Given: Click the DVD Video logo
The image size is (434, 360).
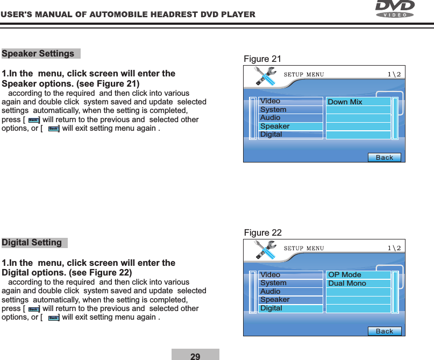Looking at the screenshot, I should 395,9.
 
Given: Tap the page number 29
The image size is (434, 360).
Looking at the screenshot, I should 195,356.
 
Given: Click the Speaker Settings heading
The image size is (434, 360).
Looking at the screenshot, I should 39,54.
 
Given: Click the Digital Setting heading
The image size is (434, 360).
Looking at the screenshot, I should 32,243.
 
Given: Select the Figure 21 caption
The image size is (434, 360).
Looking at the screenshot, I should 262,59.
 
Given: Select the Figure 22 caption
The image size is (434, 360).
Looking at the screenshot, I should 262,232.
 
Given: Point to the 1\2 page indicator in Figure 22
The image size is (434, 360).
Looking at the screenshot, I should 394,248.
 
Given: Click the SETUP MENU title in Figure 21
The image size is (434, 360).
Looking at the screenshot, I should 304,74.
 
